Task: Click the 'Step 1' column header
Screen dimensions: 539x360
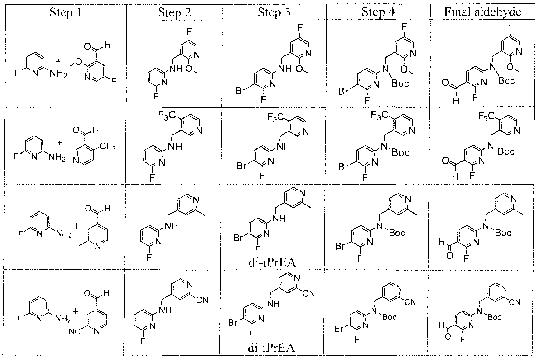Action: click(65, 12)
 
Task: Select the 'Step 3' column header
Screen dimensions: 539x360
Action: click(274, 12)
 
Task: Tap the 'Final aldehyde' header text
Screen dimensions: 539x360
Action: click(482, 12)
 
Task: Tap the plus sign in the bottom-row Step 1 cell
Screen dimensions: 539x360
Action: click(76, 311)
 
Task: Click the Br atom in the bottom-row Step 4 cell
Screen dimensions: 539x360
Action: click(340, 329)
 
